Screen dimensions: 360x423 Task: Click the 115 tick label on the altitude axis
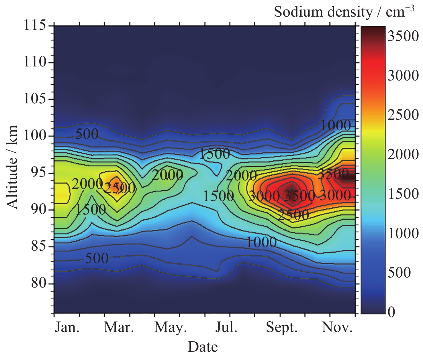coord(34,25)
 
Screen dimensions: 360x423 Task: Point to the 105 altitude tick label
coord(34,99)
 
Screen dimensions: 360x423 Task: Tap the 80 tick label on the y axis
coord(39,283)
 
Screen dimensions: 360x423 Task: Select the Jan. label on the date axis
coord(67,327)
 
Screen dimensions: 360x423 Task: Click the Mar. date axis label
coord(119,327)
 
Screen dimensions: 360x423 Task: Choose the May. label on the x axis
coord(171,327)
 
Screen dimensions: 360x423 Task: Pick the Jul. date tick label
coord(226,327)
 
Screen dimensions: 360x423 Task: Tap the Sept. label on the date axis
coord(282,327)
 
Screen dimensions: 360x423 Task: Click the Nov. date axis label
coord(337,327)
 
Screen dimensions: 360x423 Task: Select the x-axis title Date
coord(203,347)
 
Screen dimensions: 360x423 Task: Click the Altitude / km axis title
coord(12,167)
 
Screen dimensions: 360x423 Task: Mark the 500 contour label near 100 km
coord(87,134)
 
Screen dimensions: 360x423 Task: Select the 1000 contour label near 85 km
coord(261,243)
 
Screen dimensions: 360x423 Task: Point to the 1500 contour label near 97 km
coord(215,154)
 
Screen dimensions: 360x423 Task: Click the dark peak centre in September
coord(292,191)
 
